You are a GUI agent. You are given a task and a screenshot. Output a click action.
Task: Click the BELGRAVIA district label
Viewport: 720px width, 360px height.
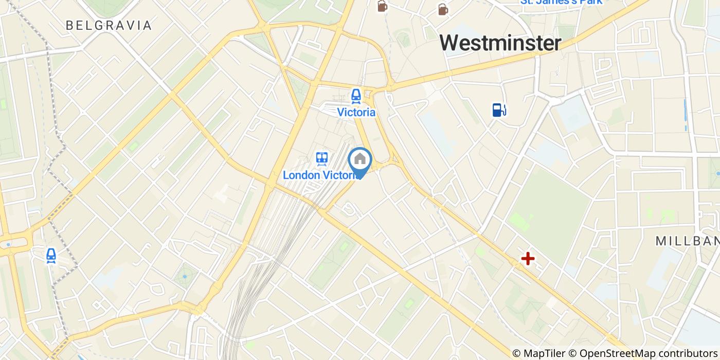tap(109, 25)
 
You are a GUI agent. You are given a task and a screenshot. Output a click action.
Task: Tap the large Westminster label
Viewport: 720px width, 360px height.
tap(500, 43)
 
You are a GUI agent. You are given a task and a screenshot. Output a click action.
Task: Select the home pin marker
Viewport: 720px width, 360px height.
tap(360, 160)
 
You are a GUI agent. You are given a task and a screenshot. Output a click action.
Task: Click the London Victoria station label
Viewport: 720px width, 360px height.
tap(321, 175)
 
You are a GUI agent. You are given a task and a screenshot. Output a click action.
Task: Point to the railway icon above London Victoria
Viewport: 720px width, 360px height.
tap(322, 158)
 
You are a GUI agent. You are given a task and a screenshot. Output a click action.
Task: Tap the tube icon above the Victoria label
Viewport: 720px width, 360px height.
tap(356, 96)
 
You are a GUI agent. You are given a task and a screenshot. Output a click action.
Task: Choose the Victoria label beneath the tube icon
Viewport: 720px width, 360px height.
tap(356, 112)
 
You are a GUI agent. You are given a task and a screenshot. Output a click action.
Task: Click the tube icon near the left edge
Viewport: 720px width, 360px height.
tap(51, 255)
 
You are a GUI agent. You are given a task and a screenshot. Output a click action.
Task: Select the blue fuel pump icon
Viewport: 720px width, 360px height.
tap(499, 110)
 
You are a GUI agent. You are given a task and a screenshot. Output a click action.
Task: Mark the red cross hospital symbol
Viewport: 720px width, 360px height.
tap(528, 258)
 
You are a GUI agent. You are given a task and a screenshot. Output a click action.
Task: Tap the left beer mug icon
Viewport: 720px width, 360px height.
tap(382, 6)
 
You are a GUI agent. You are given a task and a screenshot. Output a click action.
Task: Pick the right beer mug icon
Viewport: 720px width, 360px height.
tap(442, 9)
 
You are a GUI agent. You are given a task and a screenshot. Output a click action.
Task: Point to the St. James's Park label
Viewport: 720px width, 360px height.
tap(561, 2)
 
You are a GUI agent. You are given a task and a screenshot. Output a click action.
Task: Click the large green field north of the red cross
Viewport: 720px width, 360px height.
tap(550, 206)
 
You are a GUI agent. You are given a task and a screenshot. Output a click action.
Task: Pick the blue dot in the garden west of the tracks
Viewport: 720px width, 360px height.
tap(184, 278)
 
